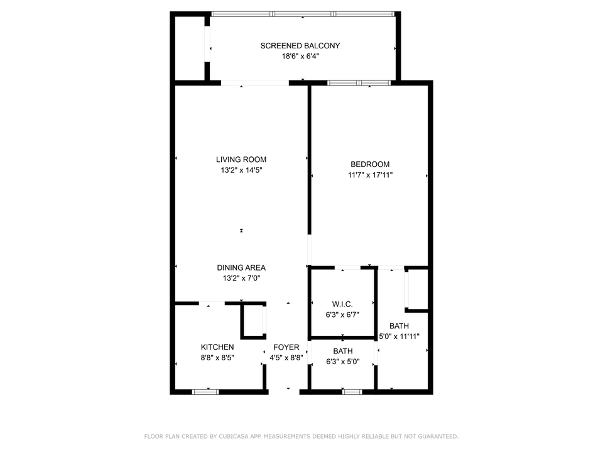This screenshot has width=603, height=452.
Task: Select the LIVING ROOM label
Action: [x=241, y=159]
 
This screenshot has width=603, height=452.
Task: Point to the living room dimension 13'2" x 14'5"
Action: [x=241, y=170]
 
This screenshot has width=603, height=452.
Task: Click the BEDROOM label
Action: [x=370, y=164]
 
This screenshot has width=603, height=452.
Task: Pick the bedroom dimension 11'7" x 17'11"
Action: [x=370, y=175]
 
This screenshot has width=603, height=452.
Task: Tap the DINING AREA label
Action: [x=241, y=267]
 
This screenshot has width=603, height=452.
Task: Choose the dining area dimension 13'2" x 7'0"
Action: [x=241, y=278]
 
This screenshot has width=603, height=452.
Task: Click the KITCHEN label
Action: [x=217, y=347]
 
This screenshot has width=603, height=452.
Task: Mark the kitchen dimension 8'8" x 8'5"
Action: [x=217, y=358]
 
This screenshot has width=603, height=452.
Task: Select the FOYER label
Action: [x=286, y=347]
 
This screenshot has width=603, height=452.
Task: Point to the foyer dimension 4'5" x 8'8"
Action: [x=286, y=358]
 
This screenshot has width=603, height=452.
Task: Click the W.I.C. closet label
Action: [x=342, y=304]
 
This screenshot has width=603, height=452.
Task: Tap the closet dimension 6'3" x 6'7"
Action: [x=342, y=315]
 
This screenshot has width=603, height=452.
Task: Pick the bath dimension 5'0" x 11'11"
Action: [x=399, y=336]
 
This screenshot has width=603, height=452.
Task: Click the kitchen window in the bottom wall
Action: [x=205, y=392]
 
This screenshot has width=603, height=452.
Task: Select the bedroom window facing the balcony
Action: [x=359, y=82]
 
